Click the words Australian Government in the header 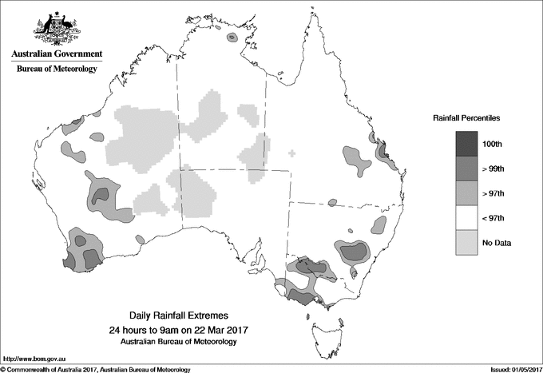57,54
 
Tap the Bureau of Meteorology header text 57,69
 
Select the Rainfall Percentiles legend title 467,117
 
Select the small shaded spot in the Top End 232,37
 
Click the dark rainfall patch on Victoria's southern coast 302,297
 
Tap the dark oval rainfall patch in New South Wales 353,252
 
